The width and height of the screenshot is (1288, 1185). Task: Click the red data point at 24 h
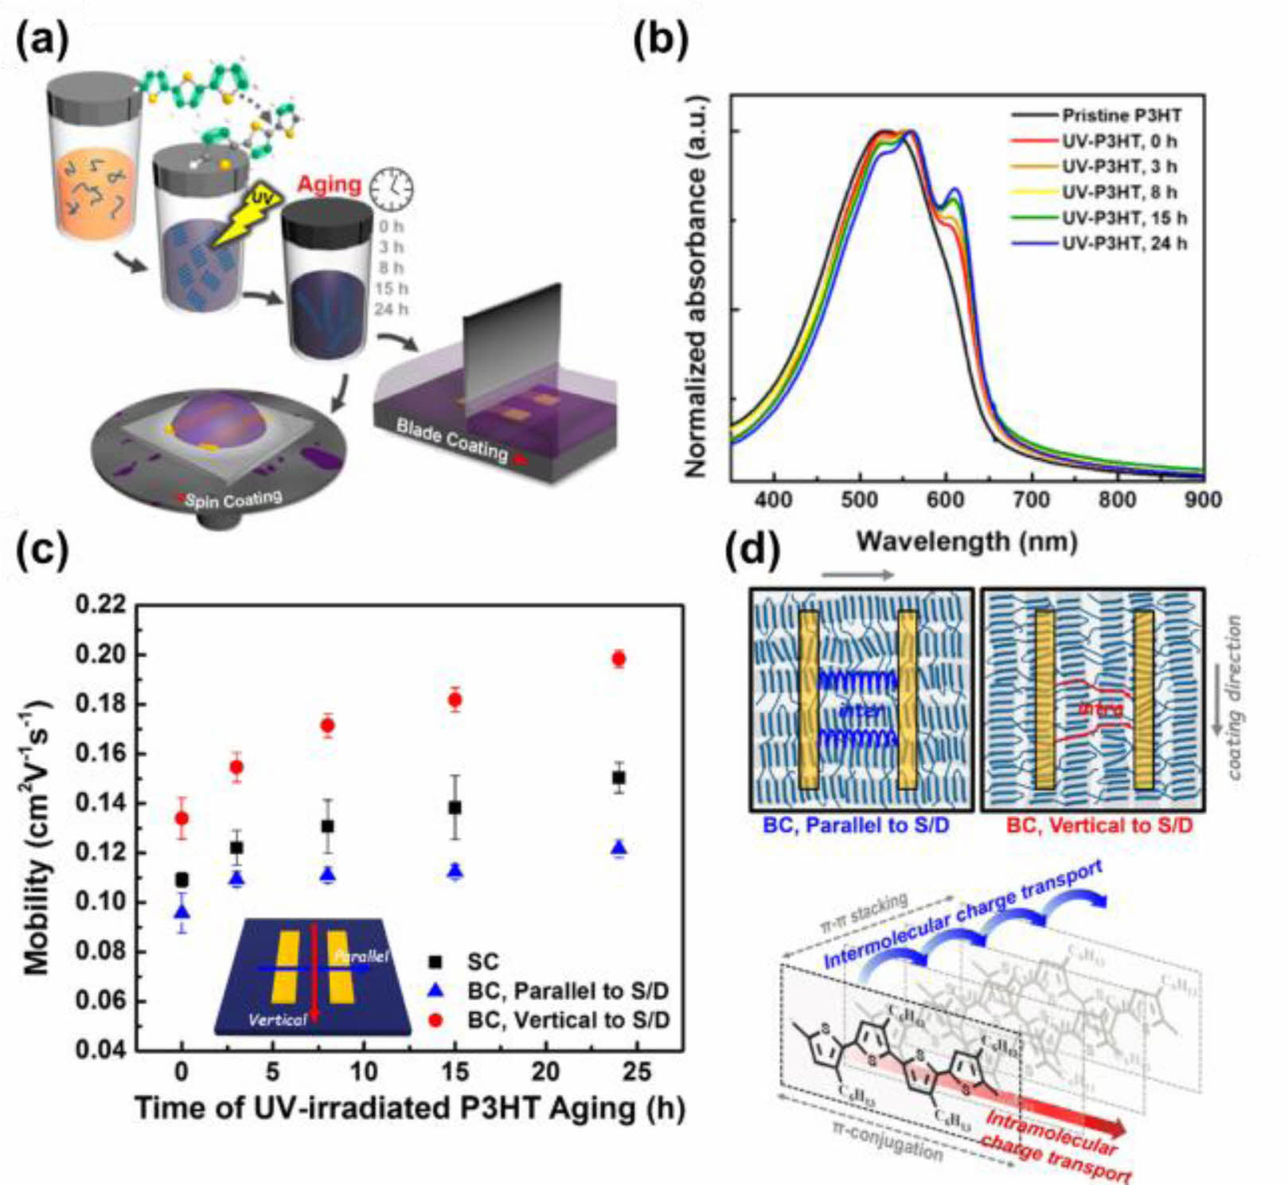[x=618, y=658]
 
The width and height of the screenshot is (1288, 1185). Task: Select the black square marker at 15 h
[x=455, y=808]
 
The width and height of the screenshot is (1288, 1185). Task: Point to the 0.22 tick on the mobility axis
[x=101, y=606]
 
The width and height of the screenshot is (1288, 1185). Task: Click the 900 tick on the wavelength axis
[x=1202, y=500]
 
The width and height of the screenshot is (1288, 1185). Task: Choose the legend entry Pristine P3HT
[x=1121, y=115]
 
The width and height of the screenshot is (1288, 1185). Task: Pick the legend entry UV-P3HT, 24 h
[x=1123, y=243]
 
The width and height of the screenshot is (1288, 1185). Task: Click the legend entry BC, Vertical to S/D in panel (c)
[x=568, y=1019]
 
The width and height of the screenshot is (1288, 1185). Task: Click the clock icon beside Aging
[x=392, y=189]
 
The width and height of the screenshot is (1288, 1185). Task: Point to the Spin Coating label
[x=233, y=500]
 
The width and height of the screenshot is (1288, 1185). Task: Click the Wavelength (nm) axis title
[x=966, y=542]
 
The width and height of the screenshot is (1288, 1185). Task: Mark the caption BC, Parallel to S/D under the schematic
[x=857, y=825]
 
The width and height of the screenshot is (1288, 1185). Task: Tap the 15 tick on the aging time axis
[x=455, y=1072]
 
